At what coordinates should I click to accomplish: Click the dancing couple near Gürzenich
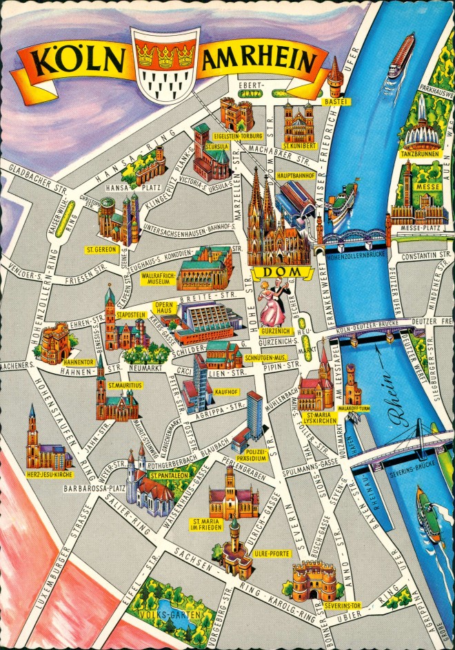(274, 305)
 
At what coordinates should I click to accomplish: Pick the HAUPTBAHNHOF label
(295, 176)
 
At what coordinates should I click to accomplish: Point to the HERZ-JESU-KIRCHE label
(48, 475)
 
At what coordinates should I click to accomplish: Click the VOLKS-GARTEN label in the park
(159, 614)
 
